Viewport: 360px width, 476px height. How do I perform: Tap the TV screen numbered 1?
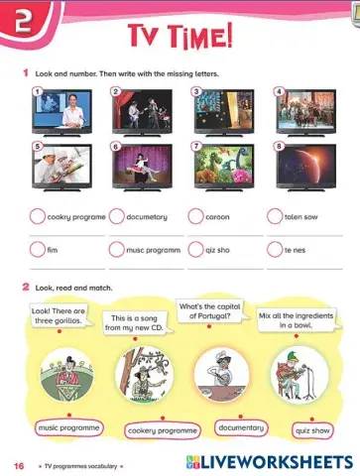pyautogui.click(x=62, y=111)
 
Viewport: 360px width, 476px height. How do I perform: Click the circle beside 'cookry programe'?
pyautogui.click(x=38, y=216)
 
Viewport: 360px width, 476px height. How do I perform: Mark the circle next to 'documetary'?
pyautogui.click(x=117, y=216)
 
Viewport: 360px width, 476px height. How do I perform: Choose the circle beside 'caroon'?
pyautogui.click(x=196, y=216)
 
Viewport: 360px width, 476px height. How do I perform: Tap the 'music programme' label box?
pyautogui.click(x=69, y=427)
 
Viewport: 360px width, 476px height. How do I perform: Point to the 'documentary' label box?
pyautogui.click(x=241, y=427)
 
